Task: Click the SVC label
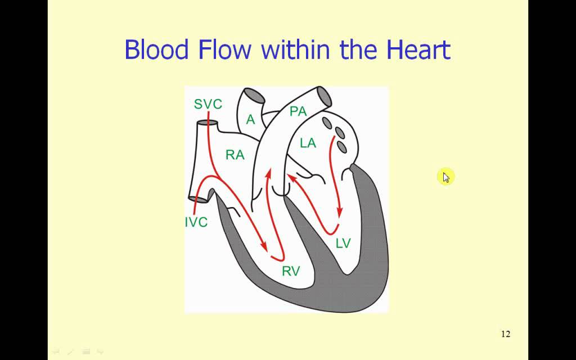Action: click(208, 104)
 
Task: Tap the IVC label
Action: click(196, 222)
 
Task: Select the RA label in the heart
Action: click(235, 155)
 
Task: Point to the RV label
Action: click(291, 272)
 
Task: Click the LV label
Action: click(343, 243)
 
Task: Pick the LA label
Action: click(308, 143)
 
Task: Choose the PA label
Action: click(298, 111)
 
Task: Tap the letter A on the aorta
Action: click(251, 119)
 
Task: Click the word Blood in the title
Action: click(156, 49)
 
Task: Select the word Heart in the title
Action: click(418, 49)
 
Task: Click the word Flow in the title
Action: click(224, 49)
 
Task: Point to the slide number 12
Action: click(505, 334)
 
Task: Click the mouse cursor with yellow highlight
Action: click(445, 177)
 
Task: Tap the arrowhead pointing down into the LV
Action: click(340, 213)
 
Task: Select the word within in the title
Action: click(298, 49)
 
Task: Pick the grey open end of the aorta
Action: click(253, 95)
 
